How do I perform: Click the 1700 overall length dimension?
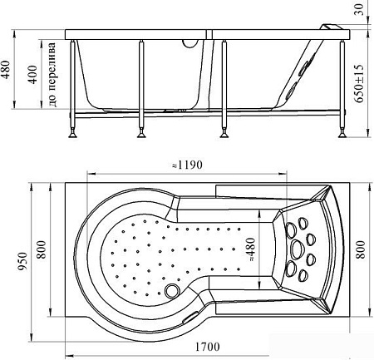[x=207, y=346]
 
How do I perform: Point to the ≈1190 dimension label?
[x=187, y=165]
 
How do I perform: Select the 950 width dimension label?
[x=22, y=262]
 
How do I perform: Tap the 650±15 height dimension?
[x=359, y=84]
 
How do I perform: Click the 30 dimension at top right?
[x=359, y=10]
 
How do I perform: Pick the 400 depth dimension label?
[x=33, y=75]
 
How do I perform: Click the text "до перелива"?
[x=52, y=75]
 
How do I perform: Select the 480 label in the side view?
[x=7, y=70]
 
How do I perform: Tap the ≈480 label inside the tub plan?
[x=250, y=249]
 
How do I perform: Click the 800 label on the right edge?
[x=360, y=249]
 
